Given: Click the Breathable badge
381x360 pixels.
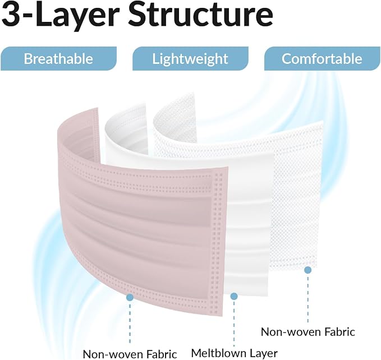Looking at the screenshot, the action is (x=58, y=58).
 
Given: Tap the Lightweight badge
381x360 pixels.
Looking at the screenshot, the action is (x=190, y=58).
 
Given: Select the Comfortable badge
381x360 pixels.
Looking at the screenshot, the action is (x=322, y=58).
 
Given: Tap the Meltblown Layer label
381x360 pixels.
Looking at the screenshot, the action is (x=234, y=353).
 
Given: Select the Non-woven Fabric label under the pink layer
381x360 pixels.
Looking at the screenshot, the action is (x=130, y=354).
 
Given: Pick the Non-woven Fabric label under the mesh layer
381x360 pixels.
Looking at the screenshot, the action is (x=308, y=332).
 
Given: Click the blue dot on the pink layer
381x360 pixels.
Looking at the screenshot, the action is (x=130, y=297).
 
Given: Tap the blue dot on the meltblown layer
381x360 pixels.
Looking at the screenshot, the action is (x=234, y=296).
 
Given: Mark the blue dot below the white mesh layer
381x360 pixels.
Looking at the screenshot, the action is (x=308, y=270).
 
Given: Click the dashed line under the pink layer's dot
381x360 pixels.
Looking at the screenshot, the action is (x=130, y=322).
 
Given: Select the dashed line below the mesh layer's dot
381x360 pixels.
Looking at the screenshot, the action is (x=308, y=298).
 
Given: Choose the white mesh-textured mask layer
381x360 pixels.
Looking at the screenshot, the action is (x=296, y=194).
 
